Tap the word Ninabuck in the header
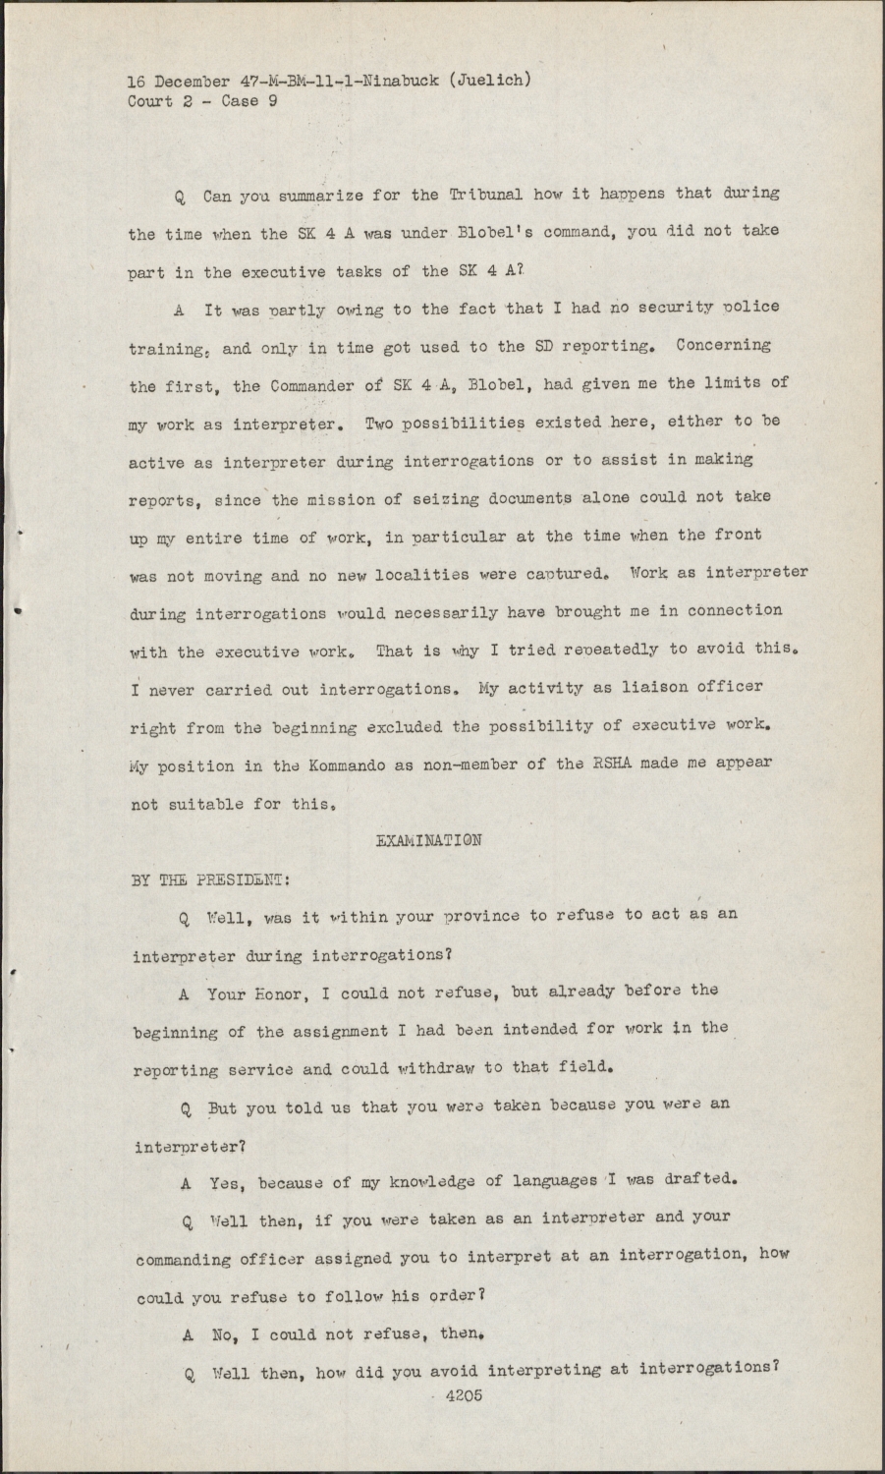click(397, 81)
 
